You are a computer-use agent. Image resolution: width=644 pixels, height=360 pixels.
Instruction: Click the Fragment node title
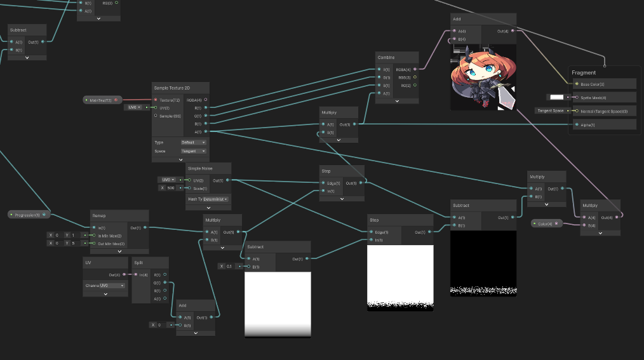584,73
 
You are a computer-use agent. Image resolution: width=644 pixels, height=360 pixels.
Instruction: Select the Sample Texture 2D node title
172,88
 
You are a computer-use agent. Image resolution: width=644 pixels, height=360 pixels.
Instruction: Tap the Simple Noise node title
201,168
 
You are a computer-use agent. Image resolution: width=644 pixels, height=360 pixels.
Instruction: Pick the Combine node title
386,58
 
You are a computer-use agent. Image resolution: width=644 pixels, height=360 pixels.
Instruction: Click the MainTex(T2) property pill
100,100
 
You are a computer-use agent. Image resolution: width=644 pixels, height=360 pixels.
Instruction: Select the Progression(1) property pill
27,215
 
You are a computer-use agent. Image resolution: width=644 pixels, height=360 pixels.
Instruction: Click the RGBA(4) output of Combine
415,69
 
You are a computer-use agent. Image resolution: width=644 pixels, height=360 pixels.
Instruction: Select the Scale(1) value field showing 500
170,188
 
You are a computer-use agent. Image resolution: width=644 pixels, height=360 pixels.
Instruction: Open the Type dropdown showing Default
193,142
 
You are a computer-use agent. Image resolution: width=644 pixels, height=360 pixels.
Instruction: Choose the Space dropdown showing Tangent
193,151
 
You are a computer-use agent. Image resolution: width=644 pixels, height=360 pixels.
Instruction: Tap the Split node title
138,263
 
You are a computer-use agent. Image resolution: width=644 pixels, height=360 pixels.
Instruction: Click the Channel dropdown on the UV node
104,286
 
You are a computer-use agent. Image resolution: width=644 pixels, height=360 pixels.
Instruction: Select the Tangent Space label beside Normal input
550,110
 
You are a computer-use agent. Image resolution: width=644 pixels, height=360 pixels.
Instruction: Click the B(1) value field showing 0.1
229,266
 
